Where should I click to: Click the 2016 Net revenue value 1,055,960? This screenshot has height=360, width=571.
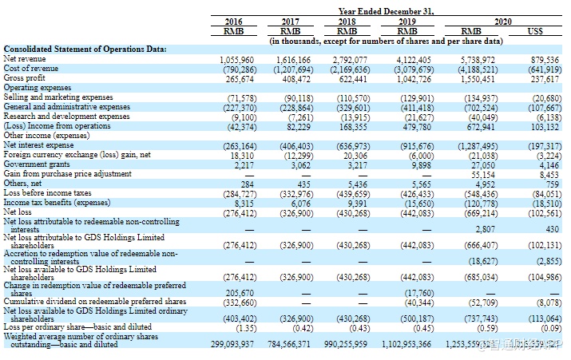[x=236, y=60]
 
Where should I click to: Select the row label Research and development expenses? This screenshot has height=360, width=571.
[x=66, y=116]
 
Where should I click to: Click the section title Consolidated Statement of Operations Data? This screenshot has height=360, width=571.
[x=85, y=49]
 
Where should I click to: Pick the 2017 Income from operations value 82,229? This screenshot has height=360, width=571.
[x=297, y=125]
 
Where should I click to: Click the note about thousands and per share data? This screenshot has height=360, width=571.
[x=386, y=40]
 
